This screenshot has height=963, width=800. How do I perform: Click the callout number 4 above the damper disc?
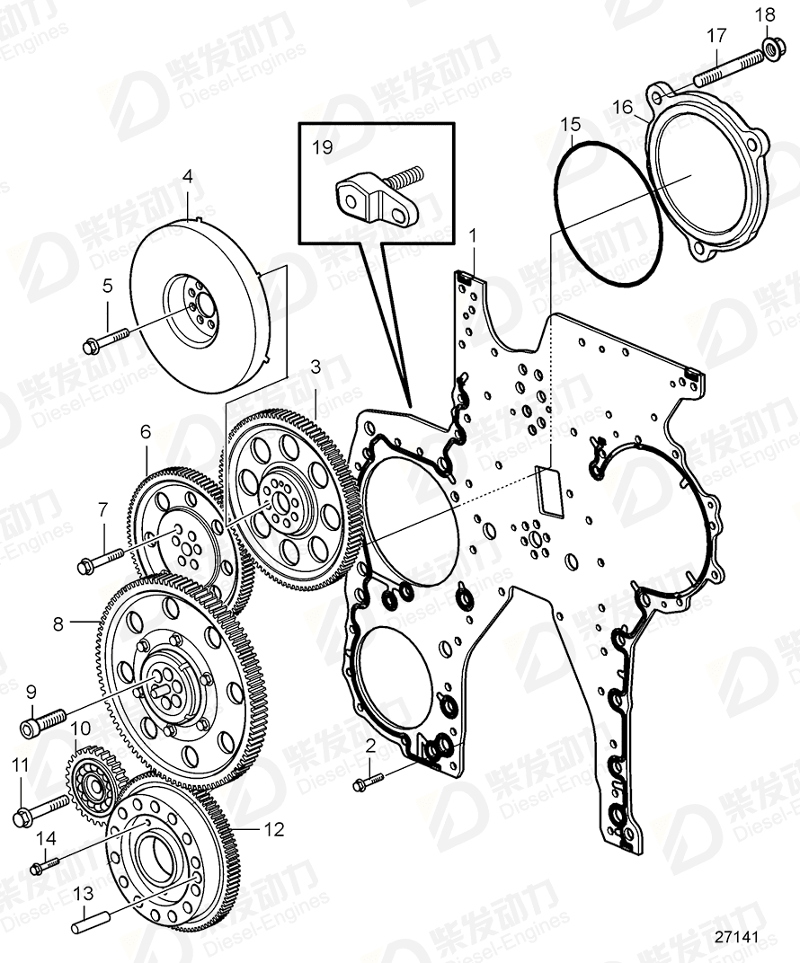click(187, 177)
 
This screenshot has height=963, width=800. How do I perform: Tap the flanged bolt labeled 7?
click(104, 561)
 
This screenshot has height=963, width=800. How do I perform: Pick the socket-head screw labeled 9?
click(41, 722)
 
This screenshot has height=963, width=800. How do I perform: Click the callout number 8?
click(58, 623)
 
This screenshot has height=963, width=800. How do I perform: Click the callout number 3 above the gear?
click(316, 366)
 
